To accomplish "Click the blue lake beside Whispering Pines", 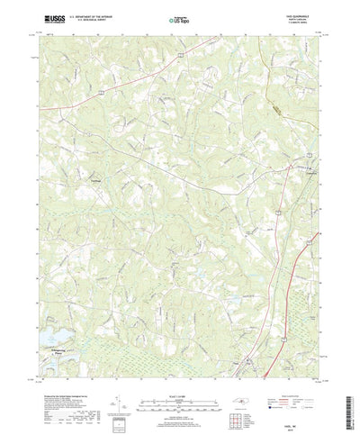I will pyautogui.click(x=43, y=338).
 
